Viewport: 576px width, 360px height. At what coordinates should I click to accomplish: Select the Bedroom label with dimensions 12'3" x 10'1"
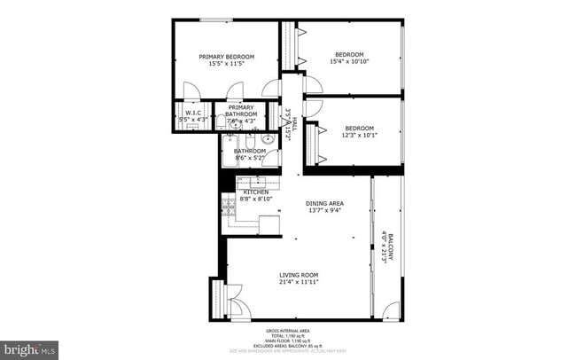(x=360, y=128)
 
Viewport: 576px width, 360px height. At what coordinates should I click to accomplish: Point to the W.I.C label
(x=191, y=113)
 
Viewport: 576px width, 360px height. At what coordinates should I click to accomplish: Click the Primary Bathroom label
(x=240, y=111)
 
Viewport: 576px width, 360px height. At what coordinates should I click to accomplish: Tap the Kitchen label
(x=256, y=192)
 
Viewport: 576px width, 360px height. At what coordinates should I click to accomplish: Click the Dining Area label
(x=324, y=203)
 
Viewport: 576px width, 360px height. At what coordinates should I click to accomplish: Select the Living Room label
(x=299, y=274)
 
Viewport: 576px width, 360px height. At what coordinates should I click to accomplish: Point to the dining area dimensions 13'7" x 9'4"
(x=324, y=211)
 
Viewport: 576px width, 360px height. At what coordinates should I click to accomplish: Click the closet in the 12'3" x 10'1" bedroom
(x=310, y=142)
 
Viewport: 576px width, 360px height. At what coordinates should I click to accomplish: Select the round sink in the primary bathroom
(x=235, y=125)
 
